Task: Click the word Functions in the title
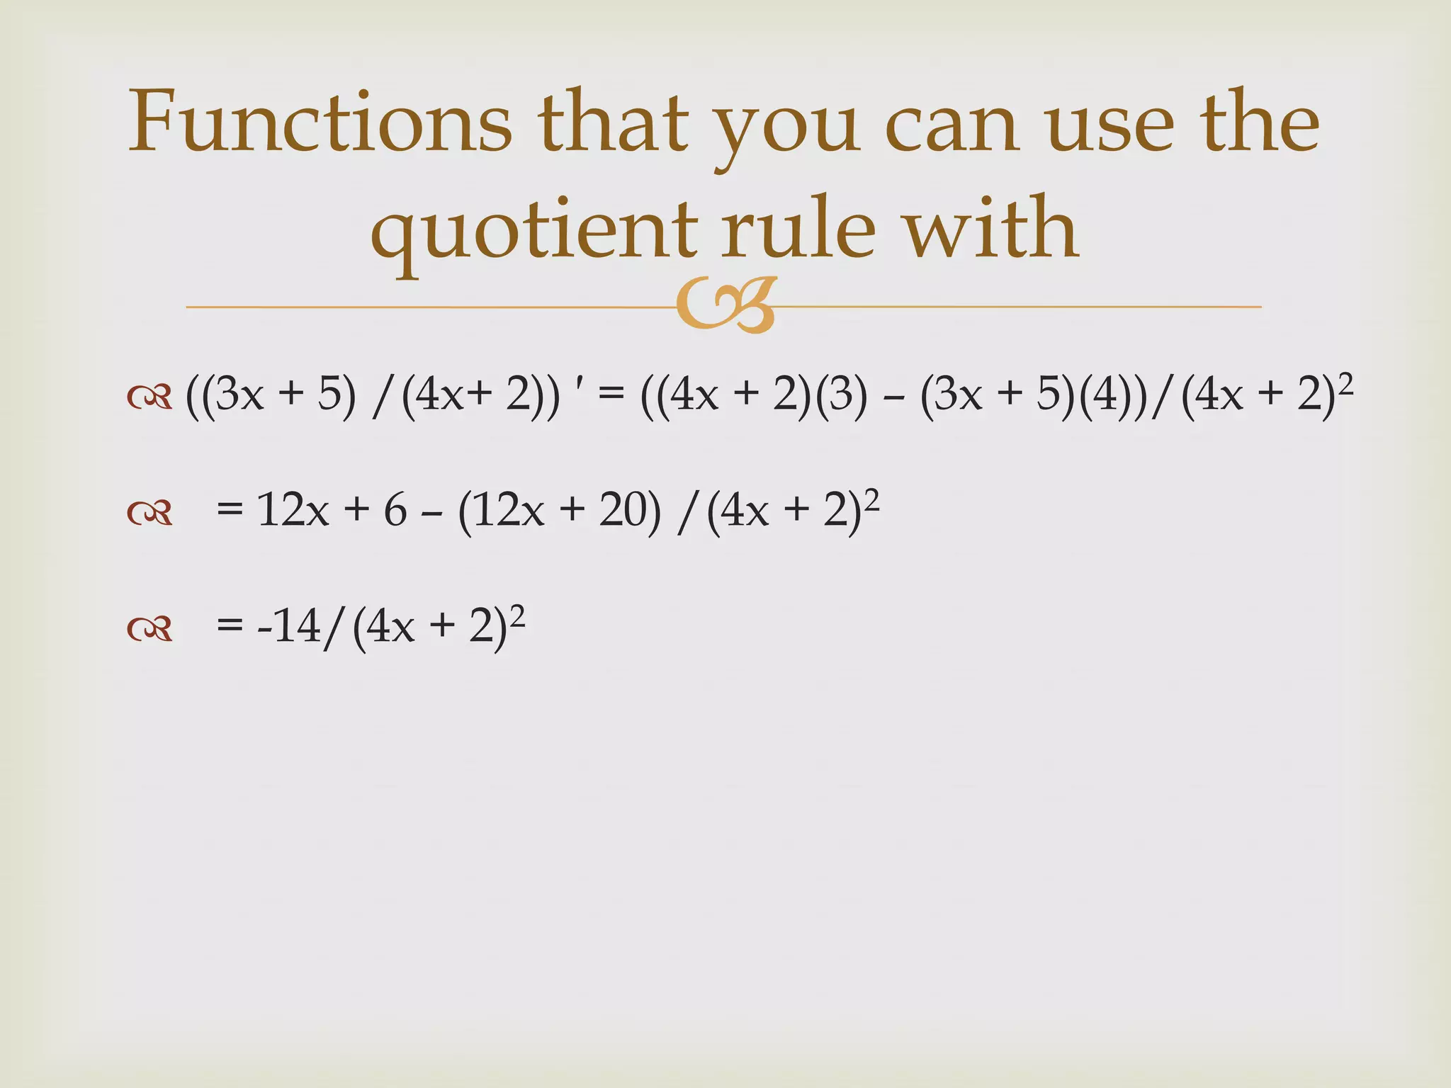[x=320, y=122]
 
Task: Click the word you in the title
[x=786, y=127]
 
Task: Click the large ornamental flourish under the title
[x=726, y=305]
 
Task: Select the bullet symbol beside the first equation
[x=149, y=397]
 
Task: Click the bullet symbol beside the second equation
[x=149, y=513]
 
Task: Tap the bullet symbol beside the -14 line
[x=149, y=628]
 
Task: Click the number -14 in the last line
[x=289, y=628]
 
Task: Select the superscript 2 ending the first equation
[x=1345, y=385]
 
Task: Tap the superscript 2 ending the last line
[x=517, y=617]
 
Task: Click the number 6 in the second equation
[x=395, y=510]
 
